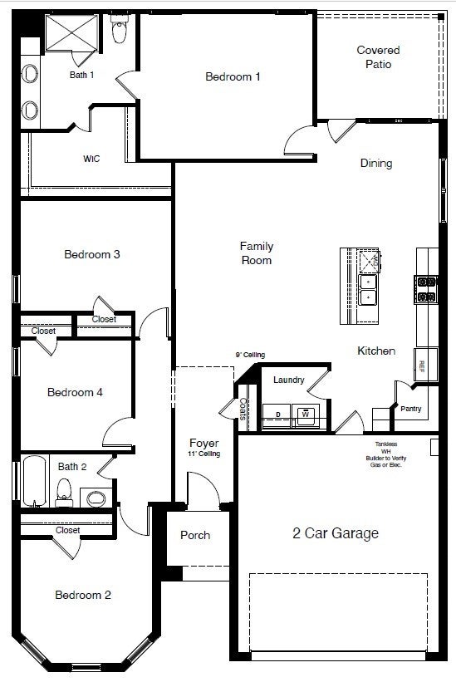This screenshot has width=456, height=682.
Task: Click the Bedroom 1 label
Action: [233, 77]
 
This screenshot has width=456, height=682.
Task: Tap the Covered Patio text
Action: [378, 57]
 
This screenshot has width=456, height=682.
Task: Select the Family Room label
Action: [256, 253]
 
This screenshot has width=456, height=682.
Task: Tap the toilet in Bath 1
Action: [120, 32]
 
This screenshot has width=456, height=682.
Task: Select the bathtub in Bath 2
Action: [34, 481]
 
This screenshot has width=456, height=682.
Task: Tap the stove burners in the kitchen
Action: [425, 288]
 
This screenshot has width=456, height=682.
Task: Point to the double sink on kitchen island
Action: [368, 287]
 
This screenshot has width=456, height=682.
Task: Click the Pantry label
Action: [410, 409]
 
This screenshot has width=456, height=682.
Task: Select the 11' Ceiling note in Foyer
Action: [203, 454]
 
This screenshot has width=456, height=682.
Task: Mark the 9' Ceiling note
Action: [250, 355]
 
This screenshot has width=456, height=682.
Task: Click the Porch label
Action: [195, 535]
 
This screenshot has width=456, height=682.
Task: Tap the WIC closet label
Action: [91, 159]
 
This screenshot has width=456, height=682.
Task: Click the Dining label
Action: [376, 164]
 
